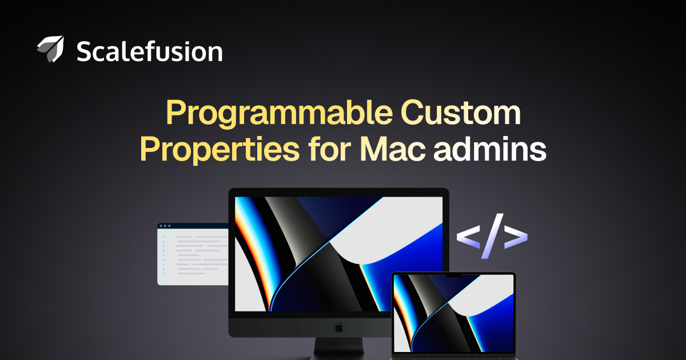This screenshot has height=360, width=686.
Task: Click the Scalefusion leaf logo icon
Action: click(x=51, y=49)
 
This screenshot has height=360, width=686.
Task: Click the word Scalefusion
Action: click(x=149, y=51)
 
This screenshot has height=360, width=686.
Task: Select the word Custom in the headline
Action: click(x=461, y=113)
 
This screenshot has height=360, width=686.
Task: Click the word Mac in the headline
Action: click(x=393, y=149)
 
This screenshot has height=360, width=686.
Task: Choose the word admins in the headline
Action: click(x=490, y=149)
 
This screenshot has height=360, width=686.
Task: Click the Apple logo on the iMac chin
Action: click(x=338, y=327)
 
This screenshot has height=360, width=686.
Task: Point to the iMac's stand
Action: click(x=339, y=349)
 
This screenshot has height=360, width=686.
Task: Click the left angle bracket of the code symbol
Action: click(x=468, y=237)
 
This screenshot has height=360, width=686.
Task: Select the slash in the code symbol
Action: click(x=492, y=236)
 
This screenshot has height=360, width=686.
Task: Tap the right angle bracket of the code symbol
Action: click(x=516, y=237)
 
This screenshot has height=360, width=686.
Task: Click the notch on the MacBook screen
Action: click(x=453, y=275)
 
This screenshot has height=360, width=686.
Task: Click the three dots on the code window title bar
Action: click(x=165, y=226)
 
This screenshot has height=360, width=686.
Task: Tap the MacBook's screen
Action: click(x=453, y=313)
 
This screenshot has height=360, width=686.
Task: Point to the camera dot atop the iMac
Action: click(x=338, y=192)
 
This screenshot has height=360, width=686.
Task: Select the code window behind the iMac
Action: click(x=193, y=254)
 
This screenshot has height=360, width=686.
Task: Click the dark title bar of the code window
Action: click(x=193, y=226)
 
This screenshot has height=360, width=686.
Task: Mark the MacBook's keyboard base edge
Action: click(x=453, y=358)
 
